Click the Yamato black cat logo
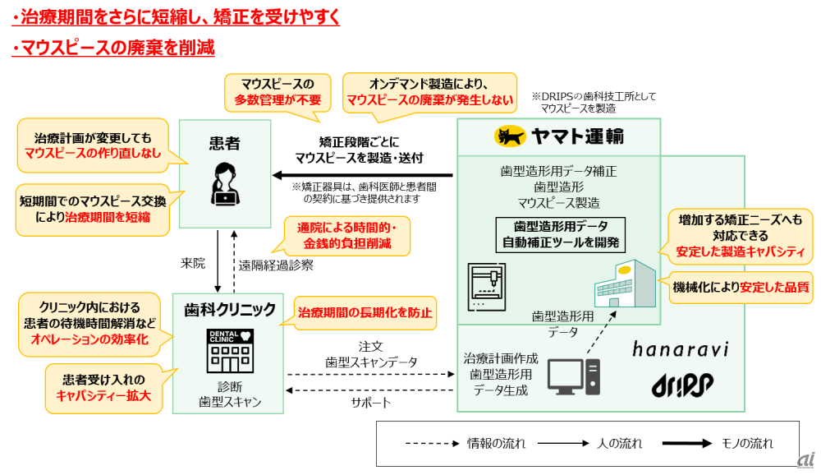(x=510, y=136)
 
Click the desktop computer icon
(x=573, y=377)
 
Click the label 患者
(x=224, y=145)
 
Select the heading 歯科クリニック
(x=230, y=310)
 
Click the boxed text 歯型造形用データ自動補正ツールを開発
(x=562, y=234)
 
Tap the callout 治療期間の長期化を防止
(x=365, y=313)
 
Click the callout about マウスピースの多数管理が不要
(x=277, y=91)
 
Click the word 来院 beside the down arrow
(x=192, y=263)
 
